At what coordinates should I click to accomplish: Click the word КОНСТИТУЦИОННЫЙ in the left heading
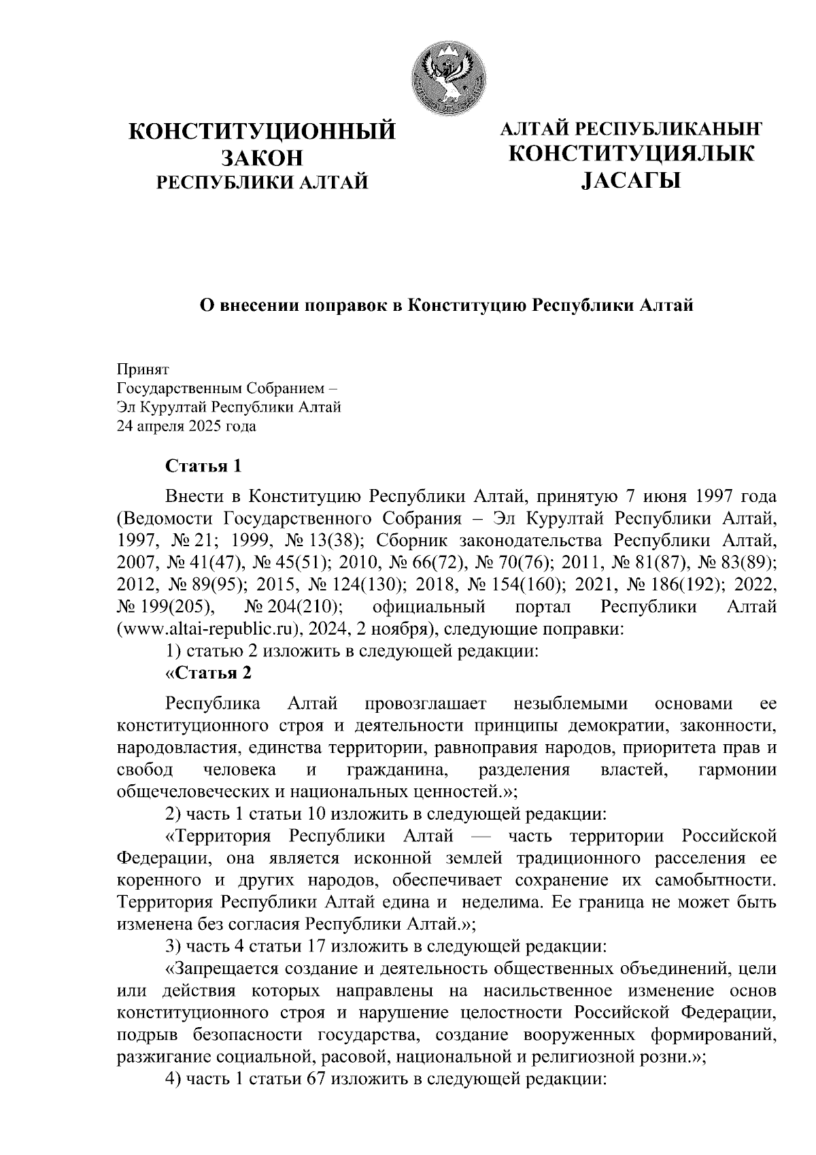point(262,131)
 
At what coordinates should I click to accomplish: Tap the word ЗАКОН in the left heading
point(262,157)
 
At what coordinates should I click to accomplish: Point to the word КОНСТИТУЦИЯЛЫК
point(632,154)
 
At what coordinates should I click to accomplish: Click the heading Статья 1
point(204,467)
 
